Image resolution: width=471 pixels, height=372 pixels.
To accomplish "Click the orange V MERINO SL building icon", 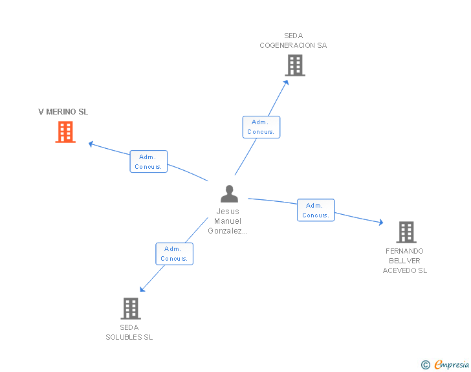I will coord(65,132).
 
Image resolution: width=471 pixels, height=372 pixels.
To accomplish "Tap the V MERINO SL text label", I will coord(63,112).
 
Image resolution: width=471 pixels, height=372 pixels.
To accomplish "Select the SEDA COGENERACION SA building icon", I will coord(295,65).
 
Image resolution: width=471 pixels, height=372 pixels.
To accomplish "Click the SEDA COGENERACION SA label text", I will coord(293,41).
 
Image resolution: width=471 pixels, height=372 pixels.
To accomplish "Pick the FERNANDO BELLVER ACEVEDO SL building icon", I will coord(406,232).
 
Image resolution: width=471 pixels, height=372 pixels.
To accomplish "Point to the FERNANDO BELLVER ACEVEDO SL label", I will coord(405,261).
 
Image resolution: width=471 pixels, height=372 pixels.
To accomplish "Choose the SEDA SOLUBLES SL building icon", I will coord(131,308).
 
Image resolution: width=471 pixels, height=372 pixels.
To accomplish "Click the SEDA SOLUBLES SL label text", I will coord(129,332).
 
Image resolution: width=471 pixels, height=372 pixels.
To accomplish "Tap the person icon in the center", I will coord(229,193).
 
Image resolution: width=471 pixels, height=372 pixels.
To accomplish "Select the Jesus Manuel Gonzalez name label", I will coord(228,221).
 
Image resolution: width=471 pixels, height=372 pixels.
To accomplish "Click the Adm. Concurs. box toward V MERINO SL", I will coord(149,162).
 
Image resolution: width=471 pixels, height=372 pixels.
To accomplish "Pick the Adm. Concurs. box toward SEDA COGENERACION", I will coord(261,127).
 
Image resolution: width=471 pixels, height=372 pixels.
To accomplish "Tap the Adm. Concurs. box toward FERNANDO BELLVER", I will coord(316,210).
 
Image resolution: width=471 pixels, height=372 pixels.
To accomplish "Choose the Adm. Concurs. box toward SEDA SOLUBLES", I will coord(174,254).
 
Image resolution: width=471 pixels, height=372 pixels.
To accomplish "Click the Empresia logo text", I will coord(452,364).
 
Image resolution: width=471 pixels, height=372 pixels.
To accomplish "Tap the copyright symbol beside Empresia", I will coord(426,365).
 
